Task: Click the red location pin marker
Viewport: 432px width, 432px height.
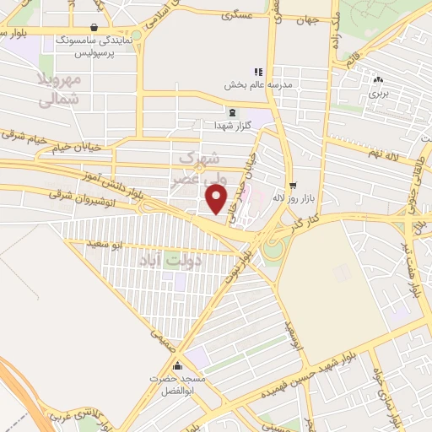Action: tap(218, 198)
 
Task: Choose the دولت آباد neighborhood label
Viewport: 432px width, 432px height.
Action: tap(165, 262)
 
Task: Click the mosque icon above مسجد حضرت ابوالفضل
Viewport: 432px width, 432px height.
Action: tap(177, 366)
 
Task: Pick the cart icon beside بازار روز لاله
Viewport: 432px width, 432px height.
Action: tap(293, 185)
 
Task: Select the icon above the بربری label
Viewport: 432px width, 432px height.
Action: tap(377, 80)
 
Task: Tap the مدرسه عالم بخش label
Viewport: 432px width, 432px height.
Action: tap(257, 84)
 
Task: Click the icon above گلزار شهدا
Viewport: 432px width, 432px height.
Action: tap(231, 111)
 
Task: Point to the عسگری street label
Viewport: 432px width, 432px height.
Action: tap(239, 15)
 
